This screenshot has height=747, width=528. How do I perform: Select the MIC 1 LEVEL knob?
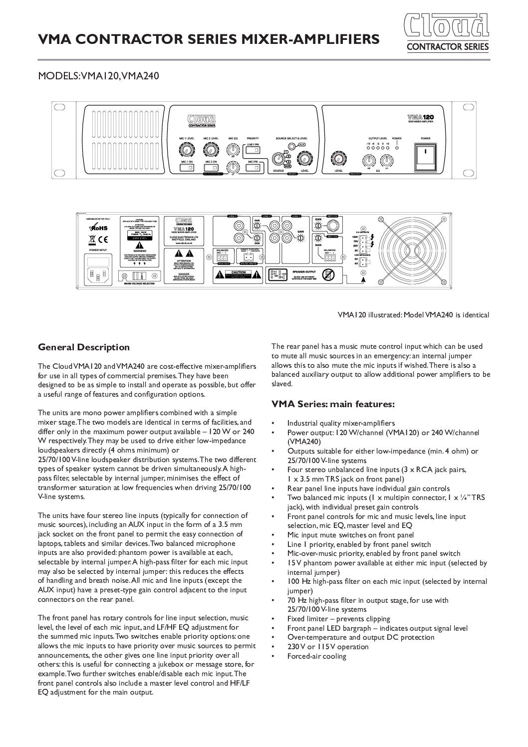pos(186,150)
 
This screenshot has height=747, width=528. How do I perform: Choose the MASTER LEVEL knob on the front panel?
pos(339,159)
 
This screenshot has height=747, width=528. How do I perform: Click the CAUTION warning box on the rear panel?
pos(238,273)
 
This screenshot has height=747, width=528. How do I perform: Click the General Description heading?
pos(84,347)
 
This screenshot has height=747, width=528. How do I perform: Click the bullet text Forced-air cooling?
pos(316,656)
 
